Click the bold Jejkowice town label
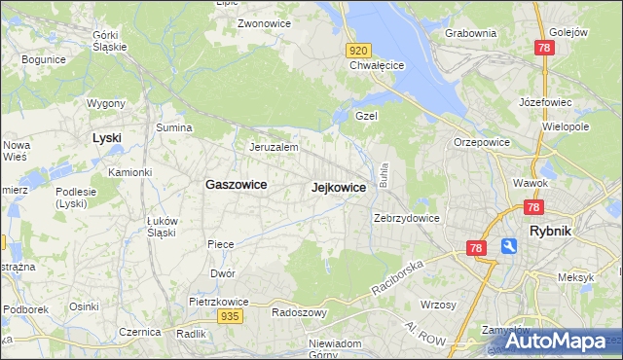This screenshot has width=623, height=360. [339, 188]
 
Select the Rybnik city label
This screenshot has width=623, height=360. [556, 232]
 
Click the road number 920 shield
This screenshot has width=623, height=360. [357, 51]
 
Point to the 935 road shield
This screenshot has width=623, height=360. [230, 316]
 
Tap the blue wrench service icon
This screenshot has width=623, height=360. [509, 247]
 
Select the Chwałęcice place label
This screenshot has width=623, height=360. [377, 66]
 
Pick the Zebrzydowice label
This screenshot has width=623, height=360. [408, 218]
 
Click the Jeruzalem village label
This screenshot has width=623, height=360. [273, 147]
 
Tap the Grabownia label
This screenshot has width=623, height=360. [470, 33]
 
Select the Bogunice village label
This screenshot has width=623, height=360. [43, 60]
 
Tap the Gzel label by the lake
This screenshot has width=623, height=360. [366, 115]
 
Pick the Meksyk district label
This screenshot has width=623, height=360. [575, 277]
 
